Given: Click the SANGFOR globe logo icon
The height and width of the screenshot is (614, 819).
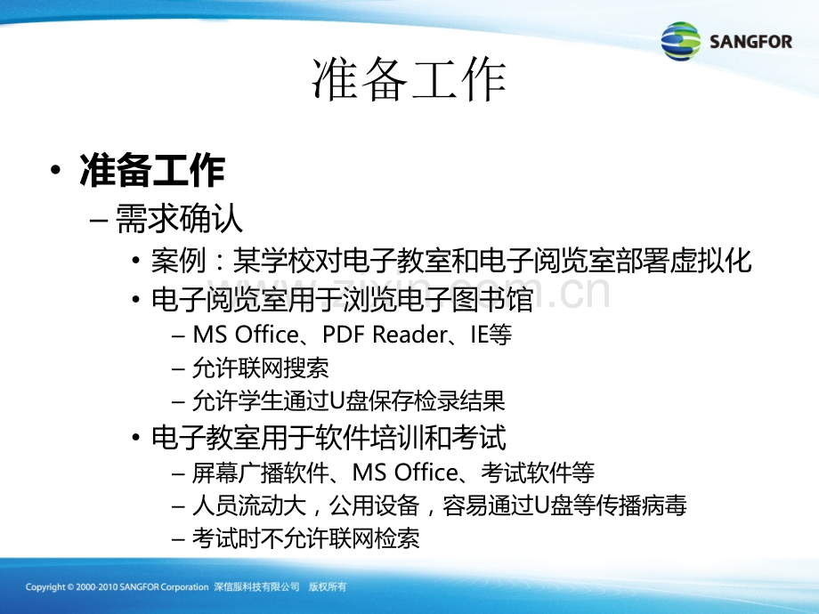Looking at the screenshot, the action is (681, 41).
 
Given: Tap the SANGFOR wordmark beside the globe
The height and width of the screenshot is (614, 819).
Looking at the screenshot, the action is (751, 41).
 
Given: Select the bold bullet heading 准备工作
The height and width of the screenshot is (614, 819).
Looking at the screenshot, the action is (152, 170).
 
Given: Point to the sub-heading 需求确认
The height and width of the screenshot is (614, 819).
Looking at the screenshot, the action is (179, 218).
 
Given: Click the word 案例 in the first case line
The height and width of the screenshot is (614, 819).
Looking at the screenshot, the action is (178, 260).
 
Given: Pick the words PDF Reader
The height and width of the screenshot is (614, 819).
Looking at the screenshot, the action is (385, 335).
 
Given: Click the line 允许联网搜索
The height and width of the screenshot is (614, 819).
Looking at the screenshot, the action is (261, 368).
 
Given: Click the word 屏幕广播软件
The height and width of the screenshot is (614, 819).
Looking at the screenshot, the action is (261, 473).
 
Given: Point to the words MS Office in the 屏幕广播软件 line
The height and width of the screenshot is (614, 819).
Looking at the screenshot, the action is (405, 473).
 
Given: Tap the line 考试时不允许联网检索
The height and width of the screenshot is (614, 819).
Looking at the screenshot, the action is (306, 538).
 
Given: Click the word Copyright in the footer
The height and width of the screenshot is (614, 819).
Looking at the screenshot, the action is (45, 587).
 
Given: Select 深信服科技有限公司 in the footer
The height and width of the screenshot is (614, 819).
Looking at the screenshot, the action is (256, 586).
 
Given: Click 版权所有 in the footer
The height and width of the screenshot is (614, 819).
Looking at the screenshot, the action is (328, 586).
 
